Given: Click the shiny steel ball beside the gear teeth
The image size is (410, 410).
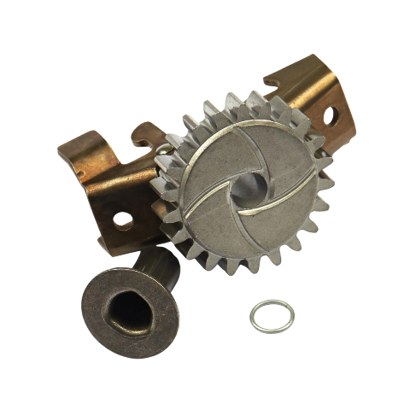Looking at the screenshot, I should pos(162,152).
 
